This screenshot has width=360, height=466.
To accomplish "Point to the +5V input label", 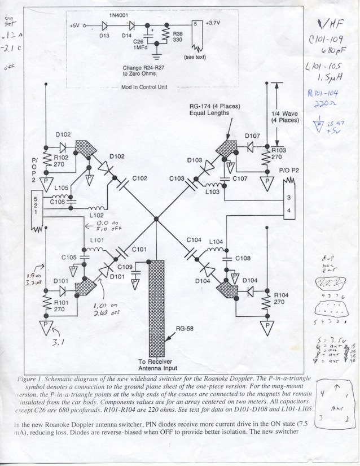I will [x=77, y=26].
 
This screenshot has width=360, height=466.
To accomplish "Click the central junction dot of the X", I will [x=156, y=219].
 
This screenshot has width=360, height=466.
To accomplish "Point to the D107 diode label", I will [x=252, y=136].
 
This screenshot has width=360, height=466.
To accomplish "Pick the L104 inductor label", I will [x=217, y=241].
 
